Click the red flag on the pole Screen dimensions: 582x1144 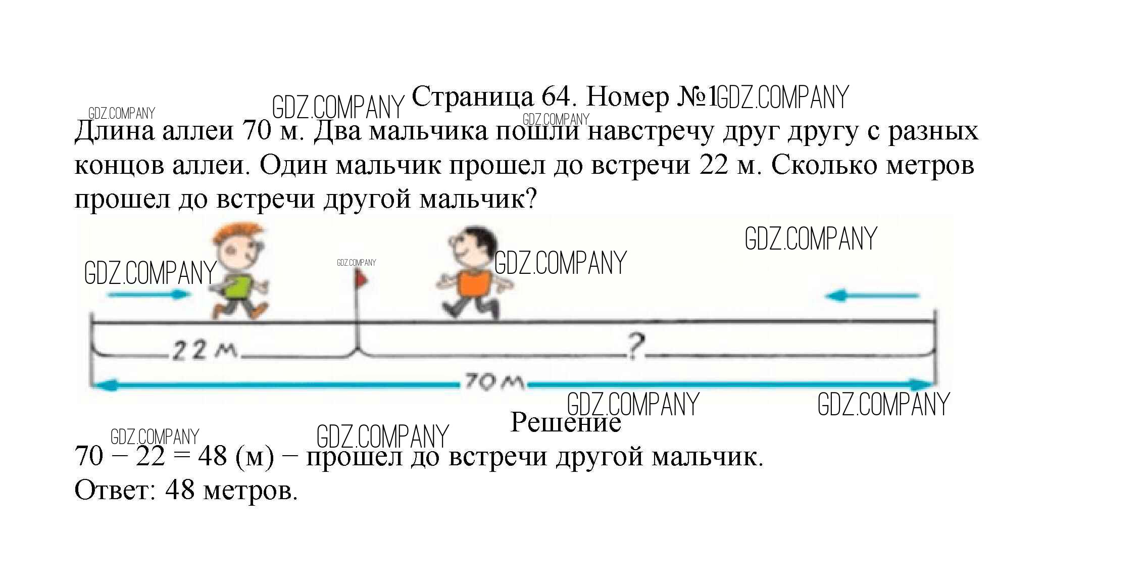click(362, 278)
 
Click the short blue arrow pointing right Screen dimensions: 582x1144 click(150, 295)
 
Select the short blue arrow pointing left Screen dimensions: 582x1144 click(871, 296)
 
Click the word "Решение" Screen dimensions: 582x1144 click(566, 422)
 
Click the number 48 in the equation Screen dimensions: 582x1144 click(213, 457)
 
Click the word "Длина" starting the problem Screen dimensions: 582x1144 click(115, 132)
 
